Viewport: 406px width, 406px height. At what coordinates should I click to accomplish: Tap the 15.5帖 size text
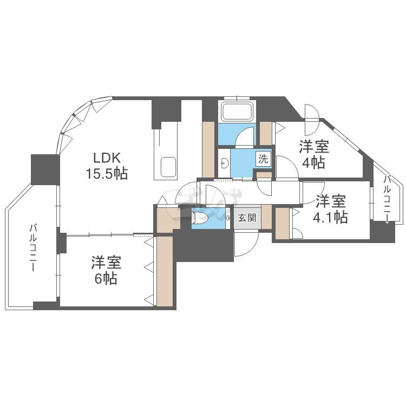tap(106, 174)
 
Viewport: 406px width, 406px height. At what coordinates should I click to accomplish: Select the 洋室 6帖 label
tap(106, 271)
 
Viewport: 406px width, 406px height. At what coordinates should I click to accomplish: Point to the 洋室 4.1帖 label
tap(330, 209)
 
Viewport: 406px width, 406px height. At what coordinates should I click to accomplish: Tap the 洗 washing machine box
tap(263, 159)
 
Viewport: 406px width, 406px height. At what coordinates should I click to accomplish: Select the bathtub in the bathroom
tap(237, 112)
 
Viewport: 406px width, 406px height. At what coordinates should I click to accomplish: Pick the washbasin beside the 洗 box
tap(224, 161)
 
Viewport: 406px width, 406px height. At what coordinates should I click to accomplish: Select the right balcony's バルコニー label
tap(388, 198)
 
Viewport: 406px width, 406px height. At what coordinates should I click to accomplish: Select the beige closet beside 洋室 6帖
tap(165, 271)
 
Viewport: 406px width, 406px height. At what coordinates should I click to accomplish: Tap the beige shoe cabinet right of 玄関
tap(266, 218)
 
